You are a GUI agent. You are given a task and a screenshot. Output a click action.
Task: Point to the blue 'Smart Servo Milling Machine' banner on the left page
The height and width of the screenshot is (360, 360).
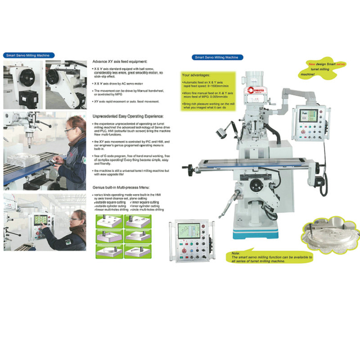(26, 56)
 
